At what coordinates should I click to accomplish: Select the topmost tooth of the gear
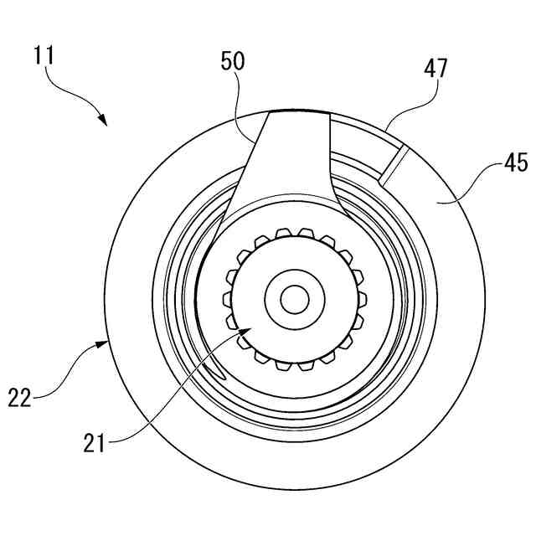[301, 231]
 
